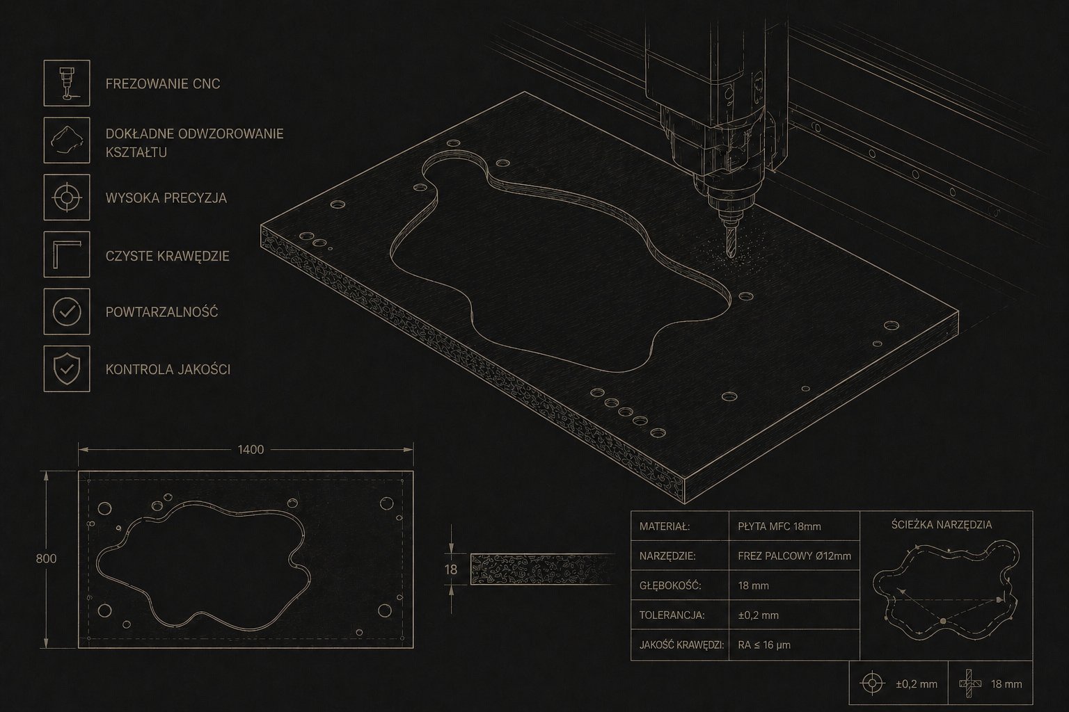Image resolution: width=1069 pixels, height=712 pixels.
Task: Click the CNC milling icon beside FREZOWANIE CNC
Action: pyautogui.click(x=67, y=83)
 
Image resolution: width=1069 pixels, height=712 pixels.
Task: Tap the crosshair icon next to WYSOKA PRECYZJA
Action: pyautogui.click(x=67, y=197)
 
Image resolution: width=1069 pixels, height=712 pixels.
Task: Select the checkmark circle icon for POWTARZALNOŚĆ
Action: pyautogui.click(x=67, y=311)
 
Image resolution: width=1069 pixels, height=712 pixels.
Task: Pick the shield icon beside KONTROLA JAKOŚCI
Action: pyautogui.click(x=67, y=369)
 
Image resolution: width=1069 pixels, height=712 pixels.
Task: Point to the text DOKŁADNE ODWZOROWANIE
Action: pyautogui.click(x=195, y=134)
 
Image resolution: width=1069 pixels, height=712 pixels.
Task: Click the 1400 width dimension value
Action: pyautogui.click(x=251, y=450)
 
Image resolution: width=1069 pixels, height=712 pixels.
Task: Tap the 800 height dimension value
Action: pyautogui.click(x=47, y=558)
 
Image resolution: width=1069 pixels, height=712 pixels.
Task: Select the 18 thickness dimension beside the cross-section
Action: pyautogui.click(x=450, y=569)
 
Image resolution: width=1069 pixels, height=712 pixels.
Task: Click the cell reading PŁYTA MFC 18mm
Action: pyautogui.click(x=779, y=526)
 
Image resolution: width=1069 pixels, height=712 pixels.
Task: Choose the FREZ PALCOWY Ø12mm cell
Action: pyautogui.click(x=794, y=556)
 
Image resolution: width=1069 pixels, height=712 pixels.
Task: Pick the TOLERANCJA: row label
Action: pyautogui.click(x=672, y=615)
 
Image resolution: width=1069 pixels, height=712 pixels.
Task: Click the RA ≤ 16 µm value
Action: pyautogui.click(x=764, y=645)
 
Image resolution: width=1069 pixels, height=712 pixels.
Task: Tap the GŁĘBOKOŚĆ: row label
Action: pyautogui.click(x=670, y=585)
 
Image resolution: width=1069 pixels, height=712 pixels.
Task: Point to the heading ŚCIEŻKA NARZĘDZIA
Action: pyautogui.click(x=942, y=525)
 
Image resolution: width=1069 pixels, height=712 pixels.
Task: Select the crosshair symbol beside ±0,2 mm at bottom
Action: pyautogui.click(x=872, y=683)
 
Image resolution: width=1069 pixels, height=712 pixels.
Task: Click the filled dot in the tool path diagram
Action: pyautogui.click(x=943, y=621)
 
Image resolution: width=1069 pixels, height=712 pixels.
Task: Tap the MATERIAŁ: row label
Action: pyautogui.click(x=665, y=526)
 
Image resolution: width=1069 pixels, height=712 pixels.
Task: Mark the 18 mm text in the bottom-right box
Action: pyautogui.click(x=1006, y=684)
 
